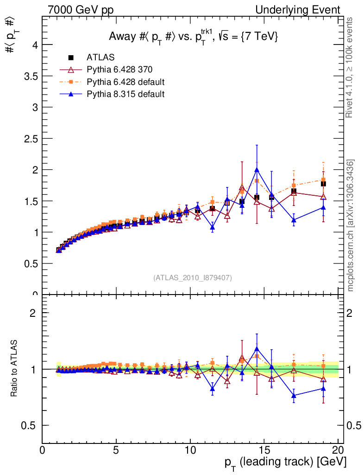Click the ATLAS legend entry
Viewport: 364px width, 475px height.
[x=97, y=58]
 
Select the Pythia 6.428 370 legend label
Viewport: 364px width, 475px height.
[x=119, y=70]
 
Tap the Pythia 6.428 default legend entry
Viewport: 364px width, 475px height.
[x=126, y=82]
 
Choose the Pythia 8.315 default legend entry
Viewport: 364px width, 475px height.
[x=126, y=94]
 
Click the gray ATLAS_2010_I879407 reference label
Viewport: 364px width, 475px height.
[x=193, y=278]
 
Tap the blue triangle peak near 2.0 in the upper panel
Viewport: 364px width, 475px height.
[x=257, y=170]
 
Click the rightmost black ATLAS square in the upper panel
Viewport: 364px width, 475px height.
[x=323, y=184]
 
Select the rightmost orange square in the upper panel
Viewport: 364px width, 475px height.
[x=323, y=180]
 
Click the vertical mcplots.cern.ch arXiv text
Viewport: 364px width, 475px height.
[x=351, y=225]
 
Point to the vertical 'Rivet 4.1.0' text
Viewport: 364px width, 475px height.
[x=351, y=67]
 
